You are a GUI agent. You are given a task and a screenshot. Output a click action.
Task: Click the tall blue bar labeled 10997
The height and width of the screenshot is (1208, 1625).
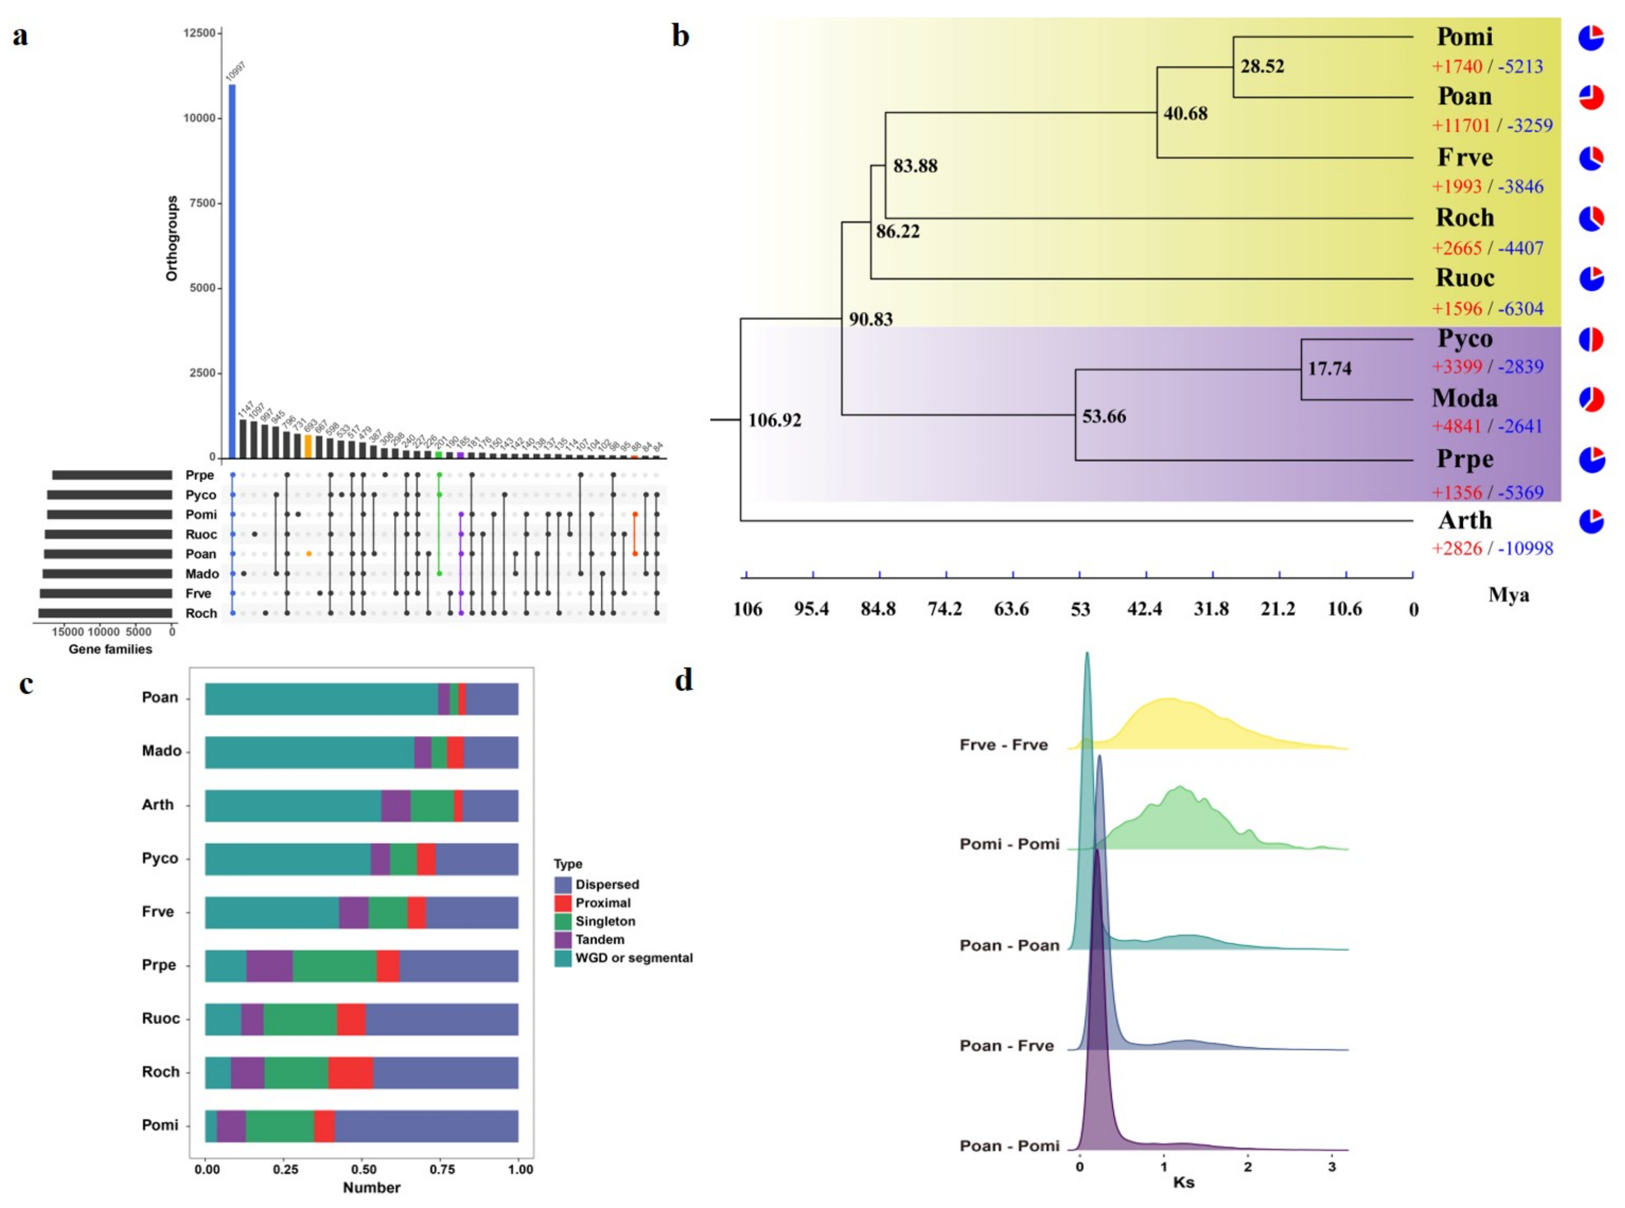click(232, 271)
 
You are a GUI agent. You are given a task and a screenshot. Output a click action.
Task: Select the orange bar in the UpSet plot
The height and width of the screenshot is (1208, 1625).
click(308, 446)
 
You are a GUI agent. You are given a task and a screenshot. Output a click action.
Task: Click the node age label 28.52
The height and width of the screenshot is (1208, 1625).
click(1262, 66)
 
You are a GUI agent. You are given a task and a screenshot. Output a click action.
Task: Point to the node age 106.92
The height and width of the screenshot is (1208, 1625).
click(774, 421)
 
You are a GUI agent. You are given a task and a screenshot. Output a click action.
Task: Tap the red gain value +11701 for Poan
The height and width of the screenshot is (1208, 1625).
click(1461, 126)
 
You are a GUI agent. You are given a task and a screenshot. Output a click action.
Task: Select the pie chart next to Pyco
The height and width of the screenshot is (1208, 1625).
click(1590, 339)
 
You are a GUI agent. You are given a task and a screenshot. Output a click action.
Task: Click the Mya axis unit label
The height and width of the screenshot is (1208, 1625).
click(1508, 594)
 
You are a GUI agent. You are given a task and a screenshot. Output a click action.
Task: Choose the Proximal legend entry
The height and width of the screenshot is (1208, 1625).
click(602, 903)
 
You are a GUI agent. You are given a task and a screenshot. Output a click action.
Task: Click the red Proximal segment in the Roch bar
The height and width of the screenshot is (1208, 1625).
click(350, 1073)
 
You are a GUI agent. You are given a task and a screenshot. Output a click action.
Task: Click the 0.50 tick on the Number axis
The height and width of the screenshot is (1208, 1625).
click(364, 1169)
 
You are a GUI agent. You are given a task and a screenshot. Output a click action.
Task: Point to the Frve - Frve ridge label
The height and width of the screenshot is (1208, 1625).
click(1003, 745)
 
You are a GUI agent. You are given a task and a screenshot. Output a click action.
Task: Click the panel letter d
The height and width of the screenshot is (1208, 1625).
click(683, 680)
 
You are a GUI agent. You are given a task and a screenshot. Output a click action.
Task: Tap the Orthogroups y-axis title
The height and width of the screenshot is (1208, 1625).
click(172, 238)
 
